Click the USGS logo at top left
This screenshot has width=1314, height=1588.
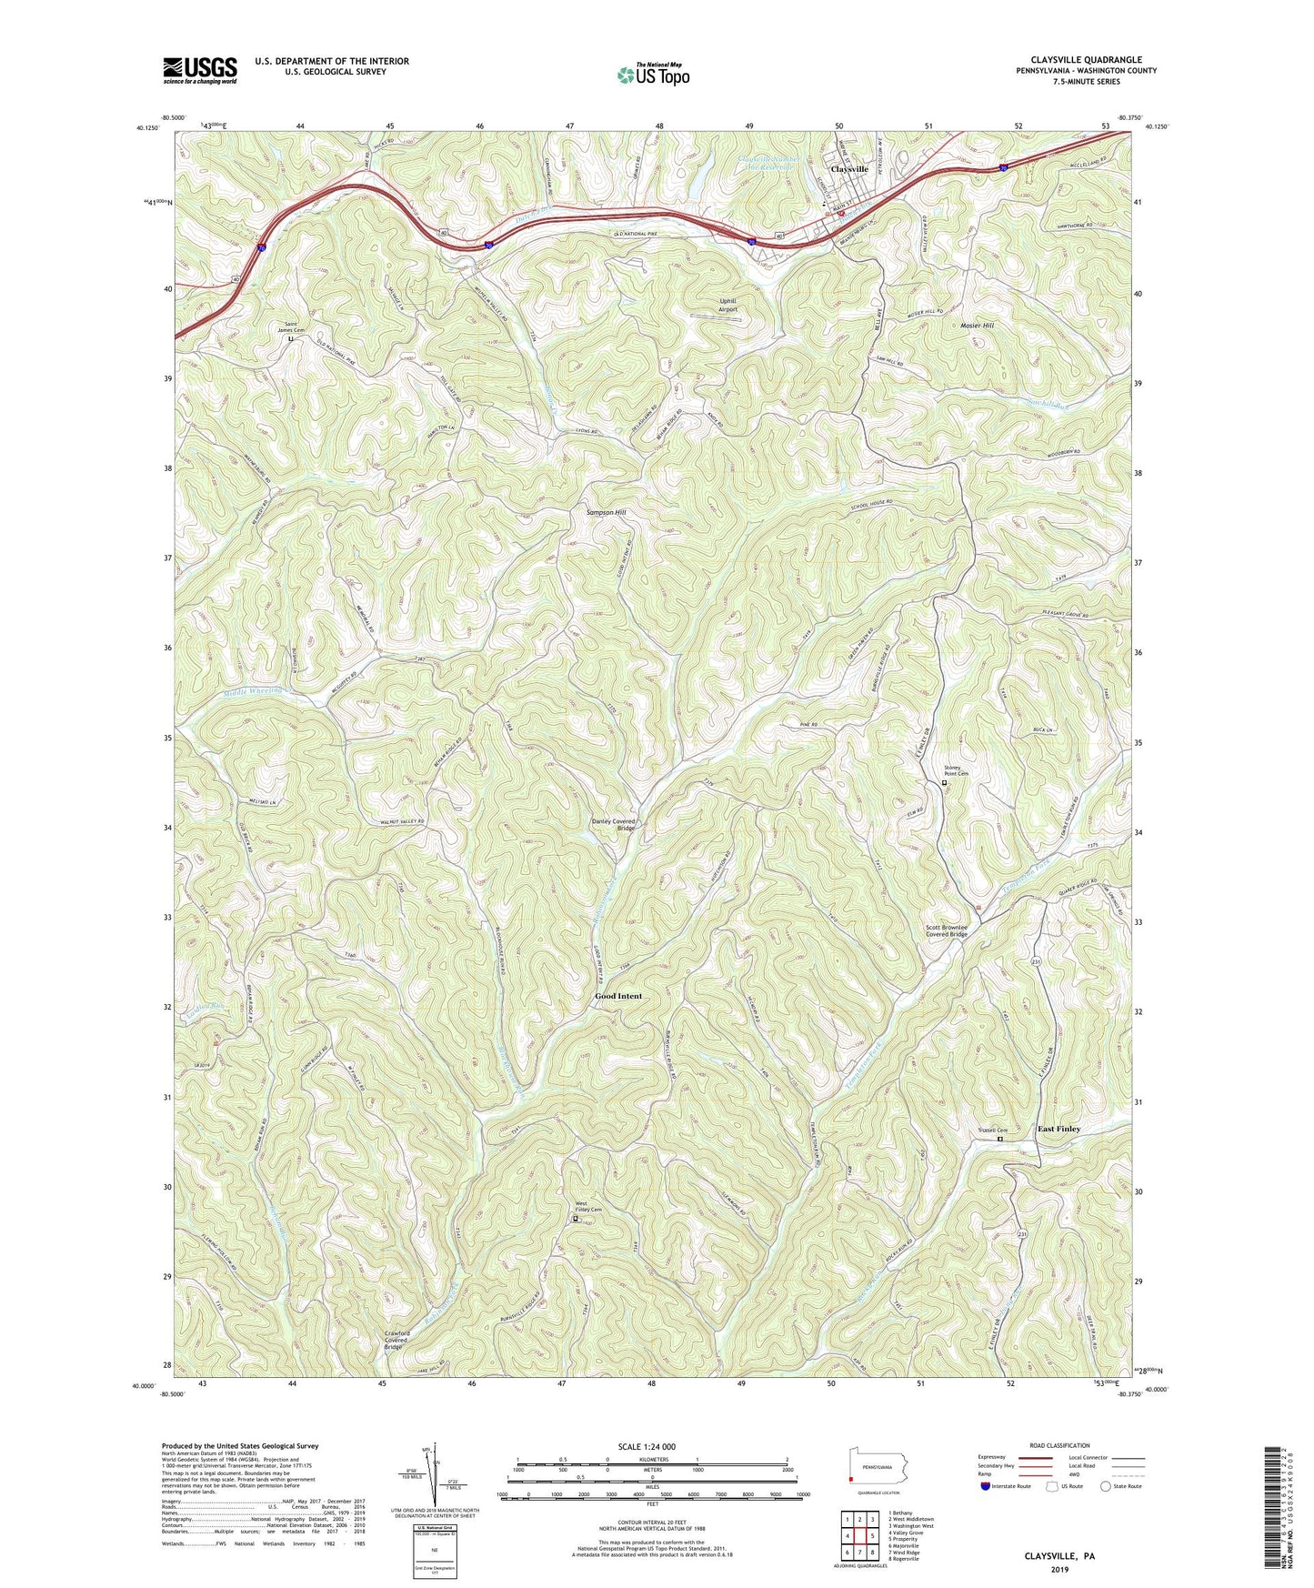coord(200,70)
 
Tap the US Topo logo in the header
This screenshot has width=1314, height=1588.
coord(652,75)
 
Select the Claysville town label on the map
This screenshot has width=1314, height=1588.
coord(849,170)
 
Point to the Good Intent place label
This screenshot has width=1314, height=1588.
coord(618,996)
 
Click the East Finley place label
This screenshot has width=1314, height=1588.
coord(1059,1129)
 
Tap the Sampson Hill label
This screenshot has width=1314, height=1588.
coord(607,513)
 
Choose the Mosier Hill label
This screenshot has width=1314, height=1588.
coord(978,325)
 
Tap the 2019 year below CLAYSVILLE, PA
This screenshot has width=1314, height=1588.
coord(1059,1570)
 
